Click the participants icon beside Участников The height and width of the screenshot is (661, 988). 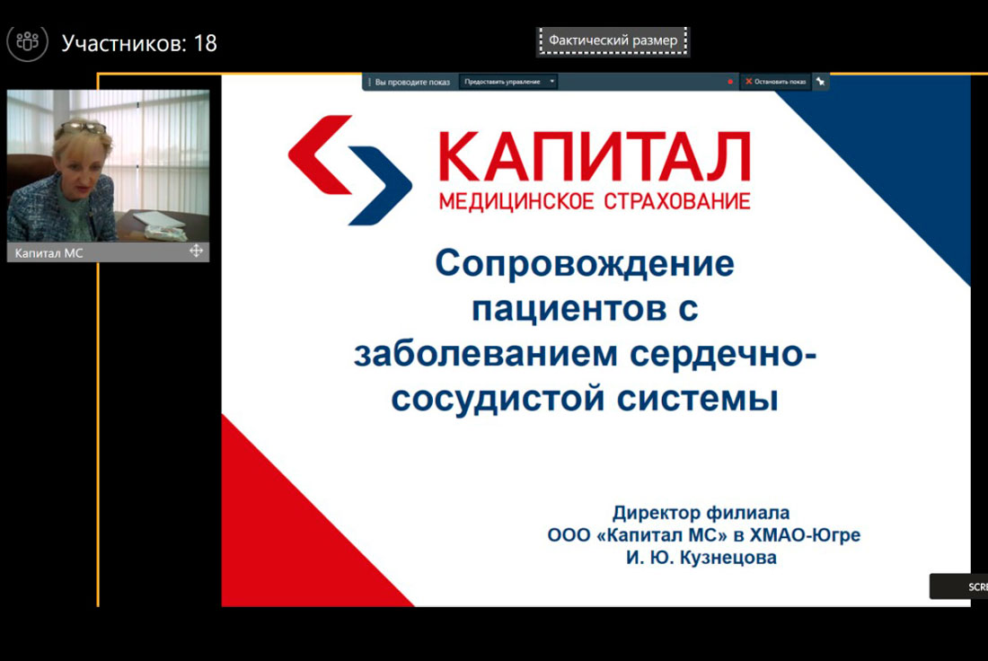point(27,42)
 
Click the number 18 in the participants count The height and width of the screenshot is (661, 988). point(206,43)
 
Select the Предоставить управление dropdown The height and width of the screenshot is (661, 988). point(507,82)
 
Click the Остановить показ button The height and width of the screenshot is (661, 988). point(776,82)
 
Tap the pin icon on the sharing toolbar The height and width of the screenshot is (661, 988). point(820,82)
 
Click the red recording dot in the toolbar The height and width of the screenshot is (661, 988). point(730,82)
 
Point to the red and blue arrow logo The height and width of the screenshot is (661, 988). point(350,170)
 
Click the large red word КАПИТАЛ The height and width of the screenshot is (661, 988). point(595,155)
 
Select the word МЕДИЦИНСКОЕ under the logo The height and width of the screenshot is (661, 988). point(516,202)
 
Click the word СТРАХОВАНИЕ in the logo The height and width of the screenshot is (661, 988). point(677,202)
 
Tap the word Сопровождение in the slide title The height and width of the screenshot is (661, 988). point(585,263)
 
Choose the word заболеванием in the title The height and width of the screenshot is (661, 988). point(486,353)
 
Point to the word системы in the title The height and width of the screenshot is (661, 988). point(698,398)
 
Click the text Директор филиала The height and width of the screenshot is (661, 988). point(701,513)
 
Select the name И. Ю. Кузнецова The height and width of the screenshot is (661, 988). point(701,558)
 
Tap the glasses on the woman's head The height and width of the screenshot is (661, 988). point(84,128)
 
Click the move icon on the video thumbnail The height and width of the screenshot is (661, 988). point(196,251)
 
